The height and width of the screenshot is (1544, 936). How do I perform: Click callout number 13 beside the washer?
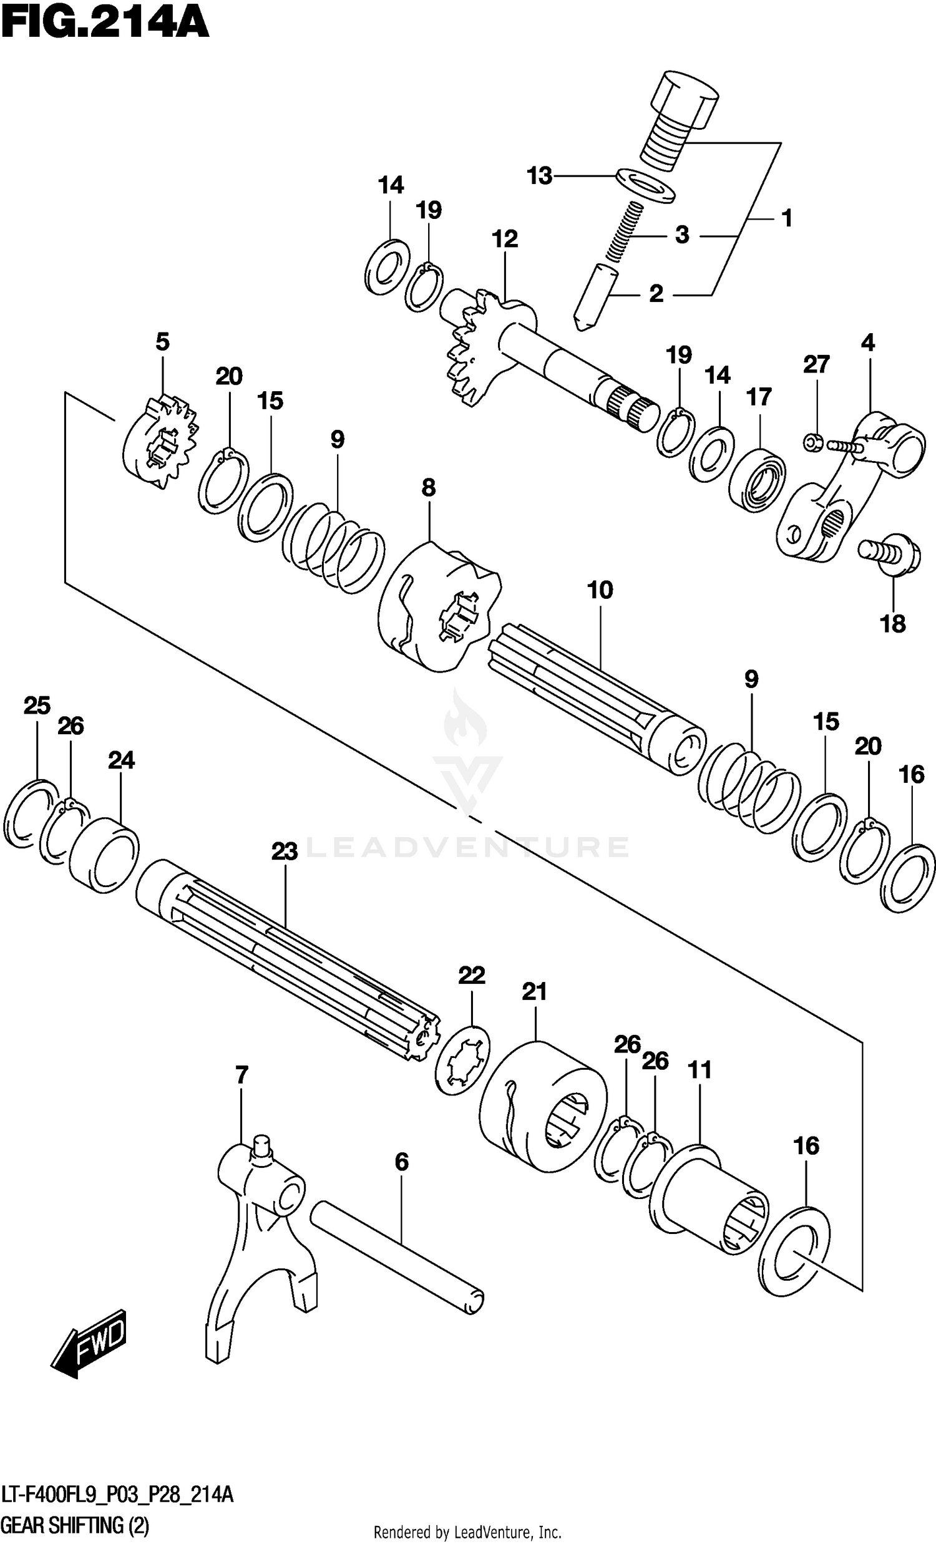[539, 176]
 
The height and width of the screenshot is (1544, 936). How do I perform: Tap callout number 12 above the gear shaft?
[505, 239]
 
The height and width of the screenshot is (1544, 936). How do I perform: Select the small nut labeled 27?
[812, 443]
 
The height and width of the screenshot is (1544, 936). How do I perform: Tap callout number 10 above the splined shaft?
[600, 590]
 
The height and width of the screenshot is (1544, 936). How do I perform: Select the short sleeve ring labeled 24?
[104, 853]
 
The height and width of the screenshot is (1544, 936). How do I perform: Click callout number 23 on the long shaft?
[284, 852]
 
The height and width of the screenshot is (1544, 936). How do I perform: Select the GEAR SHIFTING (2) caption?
[76, 1525]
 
